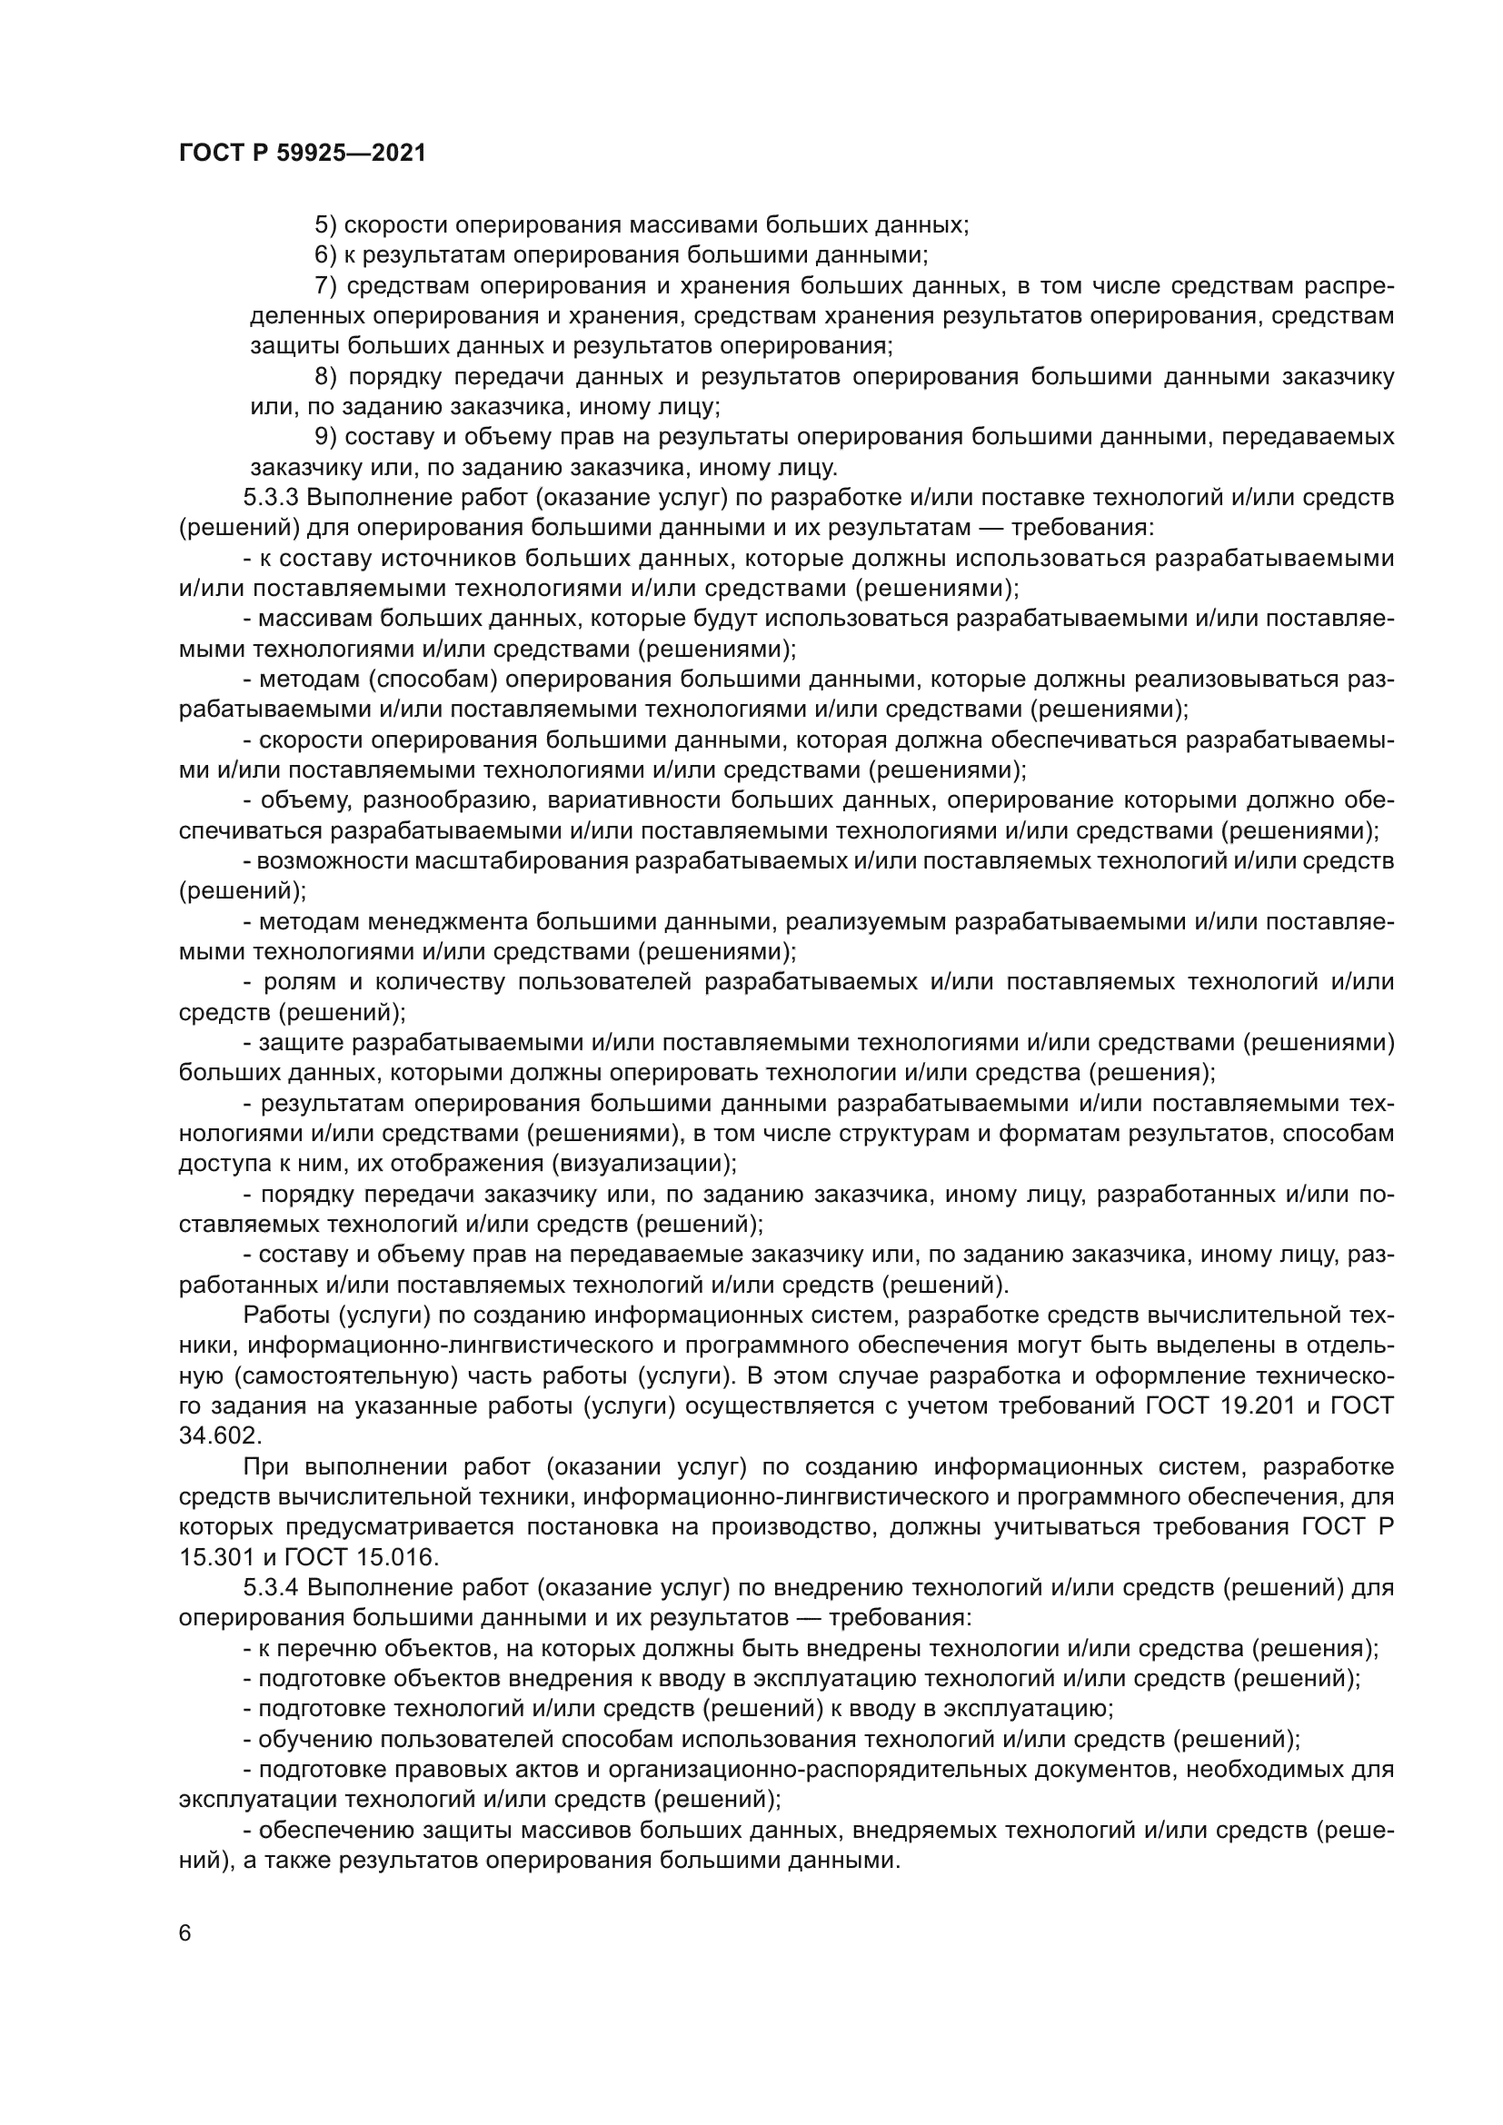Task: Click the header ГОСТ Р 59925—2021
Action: click(x=303, y=154)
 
